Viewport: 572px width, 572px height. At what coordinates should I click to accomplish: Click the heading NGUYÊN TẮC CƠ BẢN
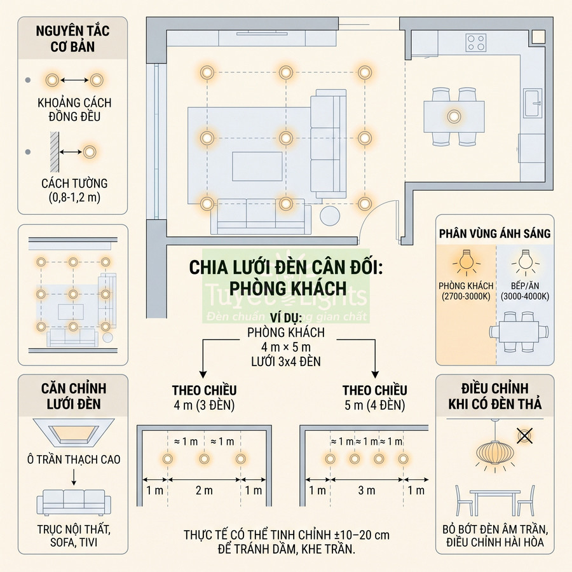tap(72, 38)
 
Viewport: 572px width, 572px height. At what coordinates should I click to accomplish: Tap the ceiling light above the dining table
tap(454, 117)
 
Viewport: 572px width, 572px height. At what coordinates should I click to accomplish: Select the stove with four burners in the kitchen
tap(476, 43)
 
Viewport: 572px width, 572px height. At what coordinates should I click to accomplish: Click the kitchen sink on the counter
tap(533, 103)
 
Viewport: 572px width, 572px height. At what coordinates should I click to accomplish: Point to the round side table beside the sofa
tap(330, 215)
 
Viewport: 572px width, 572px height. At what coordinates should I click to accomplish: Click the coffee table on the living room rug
tap(257, 167)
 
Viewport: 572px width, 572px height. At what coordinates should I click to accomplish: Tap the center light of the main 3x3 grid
tap(285, 139)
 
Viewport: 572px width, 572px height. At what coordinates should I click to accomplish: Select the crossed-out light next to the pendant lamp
tap(524, 435)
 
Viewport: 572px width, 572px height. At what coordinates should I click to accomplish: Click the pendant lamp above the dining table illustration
tap(494, 453)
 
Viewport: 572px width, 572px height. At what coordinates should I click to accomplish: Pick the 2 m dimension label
tap(204, 490)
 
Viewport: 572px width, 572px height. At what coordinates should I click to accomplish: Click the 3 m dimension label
tap(367, 490)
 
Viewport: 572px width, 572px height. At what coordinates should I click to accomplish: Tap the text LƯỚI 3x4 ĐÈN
tap(286, 362)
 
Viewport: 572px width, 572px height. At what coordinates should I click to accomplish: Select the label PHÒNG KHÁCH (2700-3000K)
tap(466, 290)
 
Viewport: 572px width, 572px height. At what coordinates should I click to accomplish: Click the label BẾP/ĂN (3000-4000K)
tap(525, 290)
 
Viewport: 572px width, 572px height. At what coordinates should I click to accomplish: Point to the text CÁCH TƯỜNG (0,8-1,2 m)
tap(74, 190)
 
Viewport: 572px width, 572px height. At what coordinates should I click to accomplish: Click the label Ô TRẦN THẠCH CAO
tap(74, 460)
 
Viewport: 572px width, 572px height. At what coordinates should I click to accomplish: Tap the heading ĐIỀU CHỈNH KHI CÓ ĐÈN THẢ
tap(494, 396)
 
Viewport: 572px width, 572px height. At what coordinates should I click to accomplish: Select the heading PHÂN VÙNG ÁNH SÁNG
tap(494, 233)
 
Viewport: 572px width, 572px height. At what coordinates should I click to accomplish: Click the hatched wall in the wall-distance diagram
tap(55, 152)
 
